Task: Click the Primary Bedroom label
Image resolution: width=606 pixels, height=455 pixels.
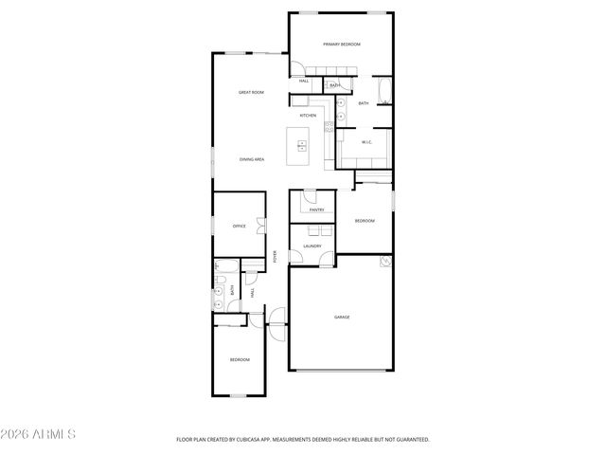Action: point(341,45)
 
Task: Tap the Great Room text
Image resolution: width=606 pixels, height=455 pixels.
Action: point(251,92)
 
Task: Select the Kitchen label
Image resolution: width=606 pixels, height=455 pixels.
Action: point(308,116)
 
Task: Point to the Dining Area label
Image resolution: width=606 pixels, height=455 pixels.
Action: point(251,159)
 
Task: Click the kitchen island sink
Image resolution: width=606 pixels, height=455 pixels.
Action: point(302,145)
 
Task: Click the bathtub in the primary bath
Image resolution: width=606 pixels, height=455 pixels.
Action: point(383,92)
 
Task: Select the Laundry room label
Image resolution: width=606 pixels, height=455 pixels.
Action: point(312,246)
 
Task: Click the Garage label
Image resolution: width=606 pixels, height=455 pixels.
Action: point(341,317)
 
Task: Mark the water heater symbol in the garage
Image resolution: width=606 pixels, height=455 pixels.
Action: point(385,261)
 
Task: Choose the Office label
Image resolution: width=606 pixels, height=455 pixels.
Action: point(240,226)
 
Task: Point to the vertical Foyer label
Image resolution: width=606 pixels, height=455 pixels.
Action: point(276,256)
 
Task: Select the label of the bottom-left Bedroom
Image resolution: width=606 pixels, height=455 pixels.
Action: point(240,359)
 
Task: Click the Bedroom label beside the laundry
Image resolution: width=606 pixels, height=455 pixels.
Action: point(365,221)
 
